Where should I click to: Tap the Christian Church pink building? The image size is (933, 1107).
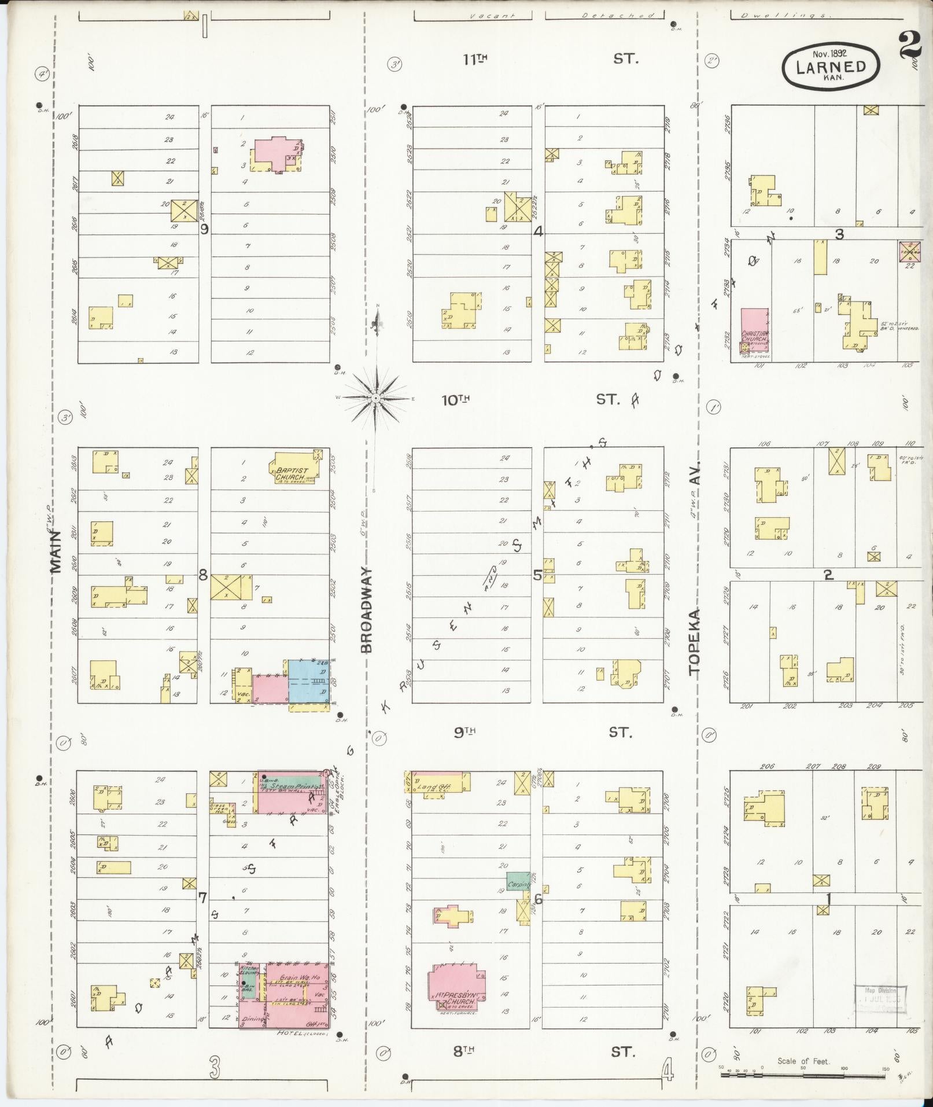coord(755,330)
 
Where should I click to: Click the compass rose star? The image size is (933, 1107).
coord(375,398)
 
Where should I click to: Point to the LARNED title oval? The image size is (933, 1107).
coord(831,67)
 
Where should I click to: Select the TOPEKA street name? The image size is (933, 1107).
coord(694,642)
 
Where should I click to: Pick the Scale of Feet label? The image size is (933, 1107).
coord(803,1061)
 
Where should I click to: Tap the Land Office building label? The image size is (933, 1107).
coord(438,786)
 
